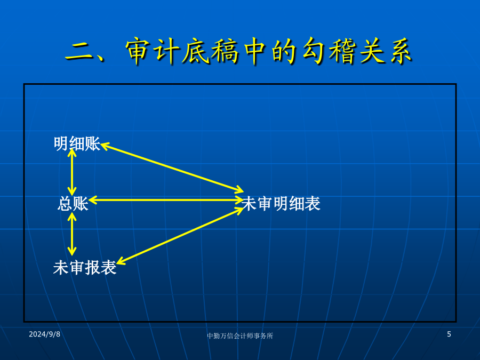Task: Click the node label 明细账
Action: (x=77, y=143)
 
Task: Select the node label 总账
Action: (x=73, y=204)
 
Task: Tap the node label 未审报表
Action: (x=85, y=268)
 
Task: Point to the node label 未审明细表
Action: (x=281, y=204)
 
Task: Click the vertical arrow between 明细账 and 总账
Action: (x=72, y=172)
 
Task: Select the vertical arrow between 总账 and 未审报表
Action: (x=72, y=234)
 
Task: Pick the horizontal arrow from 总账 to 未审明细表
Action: (x=166, y=200)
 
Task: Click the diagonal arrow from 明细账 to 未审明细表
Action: (x=172, y=167)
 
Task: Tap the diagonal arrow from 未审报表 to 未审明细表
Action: (x=180, y=236)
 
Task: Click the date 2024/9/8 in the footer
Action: (x=44, y=334)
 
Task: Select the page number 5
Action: (x=449, y=334)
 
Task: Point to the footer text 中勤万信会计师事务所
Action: (x=240, y=336)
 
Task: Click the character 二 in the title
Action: (x=79, y=51)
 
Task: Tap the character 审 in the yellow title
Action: (x=138, y=51)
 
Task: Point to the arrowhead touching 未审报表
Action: (x=121, y=261)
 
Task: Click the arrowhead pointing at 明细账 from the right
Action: (x=105, y=146)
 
